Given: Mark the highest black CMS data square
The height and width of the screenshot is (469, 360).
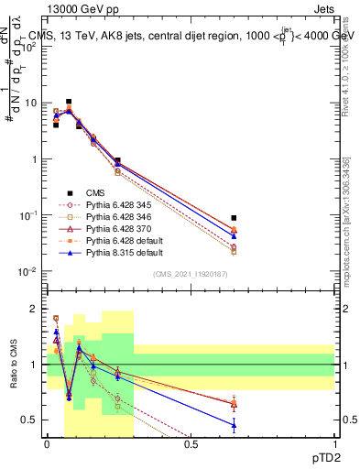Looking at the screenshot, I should pos(69,102).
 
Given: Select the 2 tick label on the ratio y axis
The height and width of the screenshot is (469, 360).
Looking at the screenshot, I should pos(37,309).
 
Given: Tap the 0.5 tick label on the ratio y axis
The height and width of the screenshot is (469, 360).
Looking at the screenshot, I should pos(33,420).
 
